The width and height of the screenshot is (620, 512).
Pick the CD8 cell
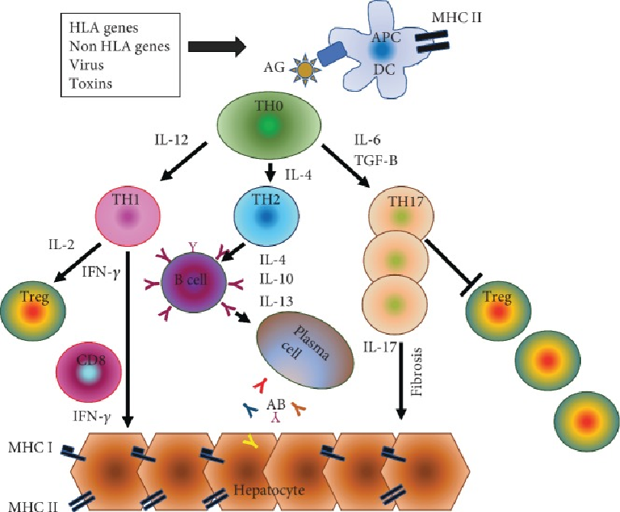pos(89,371)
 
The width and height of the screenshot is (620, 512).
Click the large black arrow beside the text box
pos(216,47)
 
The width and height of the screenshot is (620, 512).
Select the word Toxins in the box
pos(90,83)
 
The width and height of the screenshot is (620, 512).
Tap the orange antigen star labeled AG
pos(305,70)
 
